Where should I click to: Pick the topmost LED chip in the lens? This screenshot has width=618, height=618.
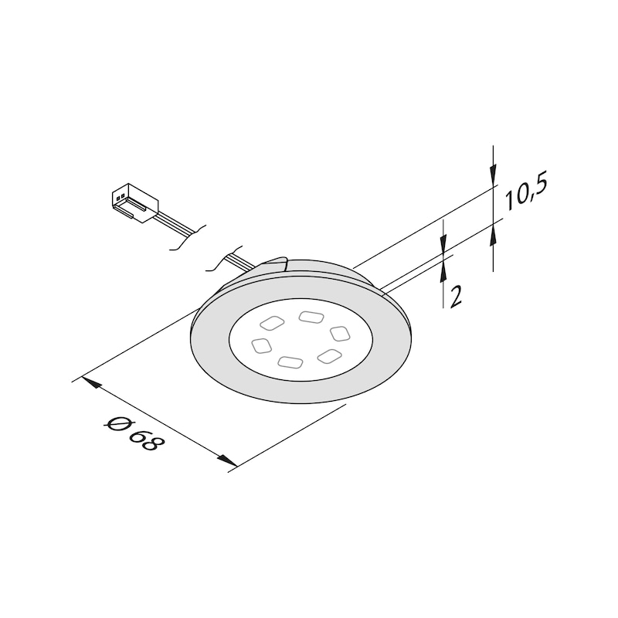[311, 316]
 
